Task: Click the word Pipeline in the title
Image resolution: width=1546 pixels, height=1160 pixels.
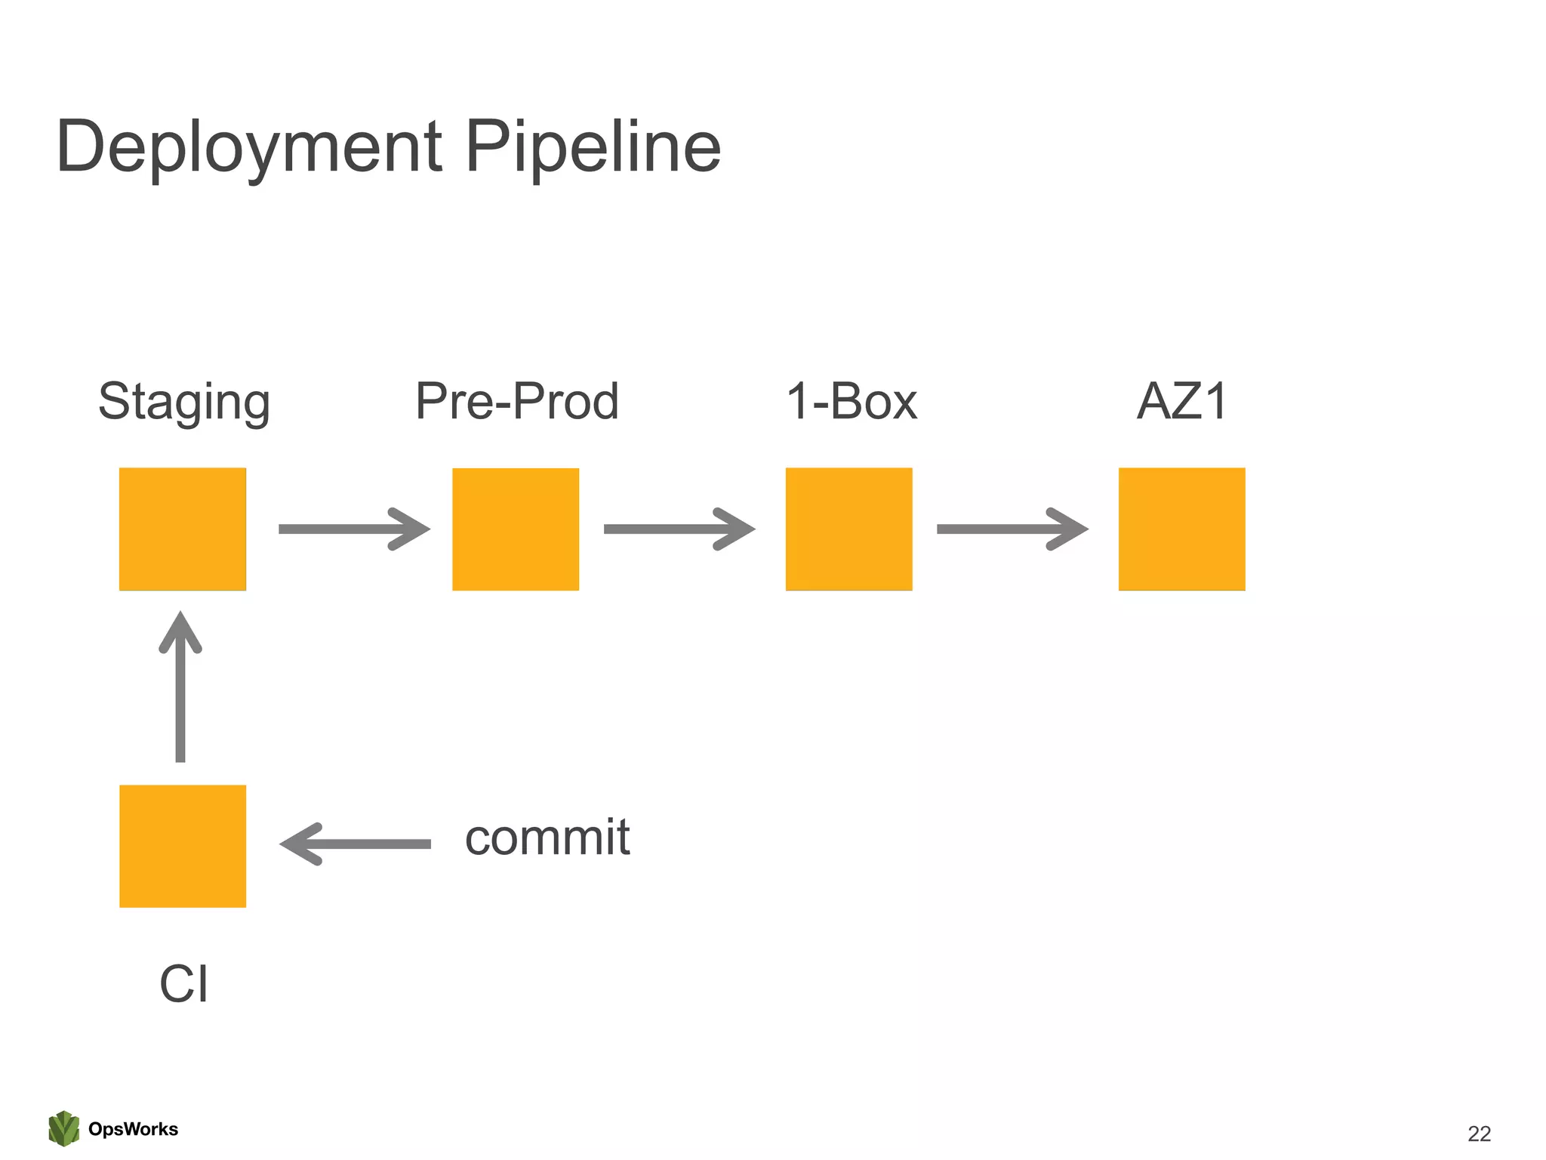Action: [593, 147]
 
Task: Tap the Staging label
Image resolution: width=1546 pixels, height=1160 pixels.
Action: [184, 402]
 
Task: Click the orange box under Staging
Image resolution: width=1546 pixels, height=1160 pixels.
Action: [183, 529]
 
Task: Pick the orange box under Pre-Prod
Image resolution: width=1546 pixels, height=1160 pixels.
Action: [516, 529]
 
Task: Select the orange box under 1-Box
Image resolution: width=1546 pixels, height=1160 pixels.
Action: [848, 529]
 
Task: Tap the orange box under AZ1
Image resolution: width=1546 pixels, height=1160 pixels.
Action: [1181, 529]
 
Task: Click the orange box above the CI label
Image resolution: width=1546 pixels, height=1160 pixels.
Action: [183, 846]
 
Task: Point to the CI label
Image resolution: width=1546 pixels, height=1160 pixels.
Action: [183, 984]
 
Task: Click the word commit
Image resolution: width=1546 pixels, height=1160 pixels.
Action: [547, 838]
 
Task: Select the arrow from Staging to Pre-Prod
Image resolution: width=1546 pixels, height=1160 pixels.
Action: [353, 529]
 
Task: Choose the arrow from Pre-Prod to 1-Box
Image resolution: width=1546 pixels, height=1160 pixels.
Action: [679, 529]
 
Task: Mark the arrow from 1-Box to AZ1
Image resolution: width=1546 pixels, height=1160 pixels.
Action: [1012, 529]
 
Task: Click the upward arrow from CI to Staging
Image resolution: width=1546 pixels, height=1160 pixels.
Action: [180, 687]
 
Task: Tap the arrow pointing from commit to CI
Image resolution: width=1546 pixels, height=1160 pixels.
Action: [355, 844]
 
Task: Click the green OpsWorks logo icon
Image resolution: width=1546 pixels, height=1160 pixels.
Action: [64, 1128]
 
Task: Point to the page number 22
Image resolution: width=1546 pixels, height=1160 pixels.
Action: [1479, 1133]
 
